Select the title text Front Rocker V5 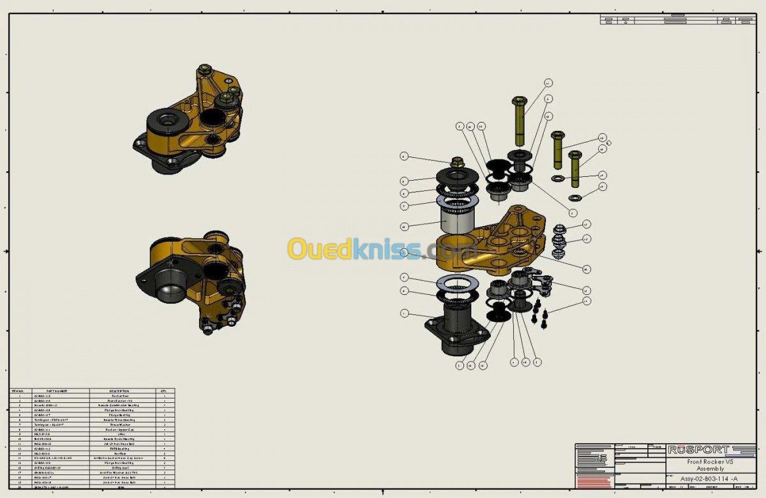[710, 461]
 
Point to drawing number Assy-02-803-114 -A [709, 478]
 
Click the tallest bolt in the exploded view [519, 121]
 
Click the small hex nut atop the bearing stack [457, 162]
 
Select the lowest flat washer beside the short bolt [574, 197]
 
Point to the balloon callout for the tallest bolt [548, 83]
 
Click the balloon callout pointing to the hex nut [403, 156]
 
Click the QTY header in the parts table [164, 391]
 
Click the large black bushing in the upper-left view [166, 121]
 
